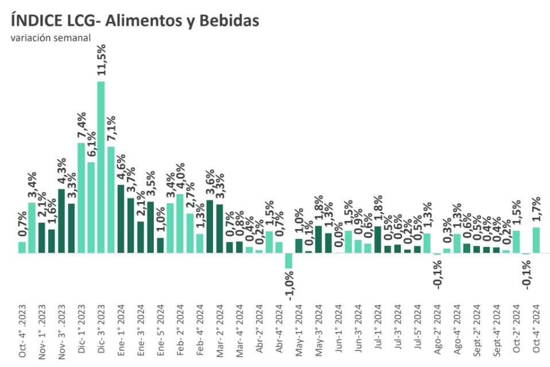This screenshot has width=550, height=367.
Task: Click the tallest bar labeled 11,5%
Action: coord(101,167)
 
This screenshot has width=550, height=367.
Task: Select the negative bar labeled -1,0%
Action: coord(288,260)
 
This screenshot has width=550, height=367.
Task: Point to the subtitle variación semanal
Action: coord(49,38)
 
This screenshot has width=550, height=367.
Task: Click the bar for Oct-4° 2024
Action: coord(536,239)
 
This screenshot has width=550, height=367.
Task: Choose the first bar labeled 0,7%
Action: coord(22,247)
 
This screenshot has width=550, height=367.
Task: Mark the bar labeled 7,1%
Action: coord(111,199)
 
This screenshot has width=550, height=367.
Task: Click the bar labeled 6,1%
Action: coord(91,207)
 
